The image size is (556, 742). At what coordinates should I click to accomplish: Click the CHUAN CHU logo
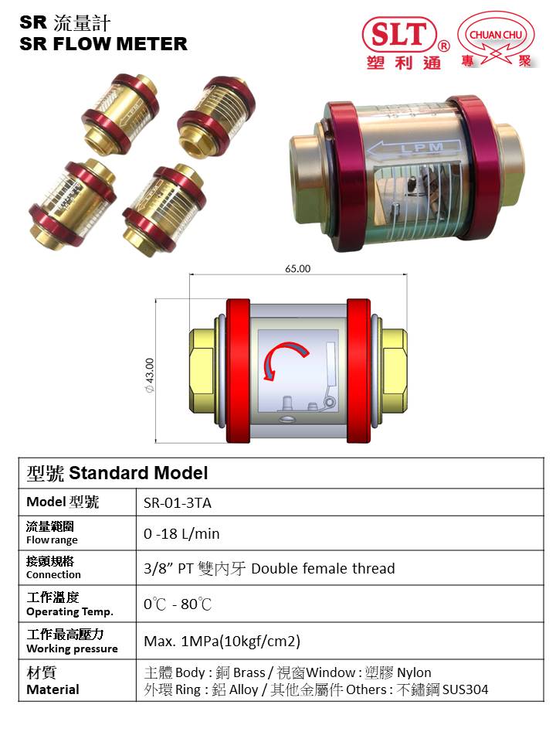497,43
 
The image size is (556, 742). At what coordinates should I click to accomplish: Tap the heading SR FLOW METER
103,44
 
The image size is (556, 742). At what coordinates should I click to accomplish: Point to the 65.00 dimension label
297,269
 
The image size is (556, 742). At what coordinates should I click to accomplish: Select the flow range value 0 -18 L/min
181,533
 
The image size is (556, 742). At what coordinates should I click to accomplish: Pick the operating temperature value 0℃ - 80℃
178,604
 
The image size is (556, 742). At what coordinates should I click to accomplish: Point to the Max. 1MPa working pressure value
222,641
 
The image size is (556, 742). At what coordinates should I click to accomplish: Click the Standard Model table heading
117,472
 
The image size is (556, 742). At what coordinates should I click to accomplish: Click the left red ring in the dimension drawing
237,370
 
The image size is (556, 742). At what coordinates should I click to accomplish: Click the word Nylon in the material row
414,672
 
